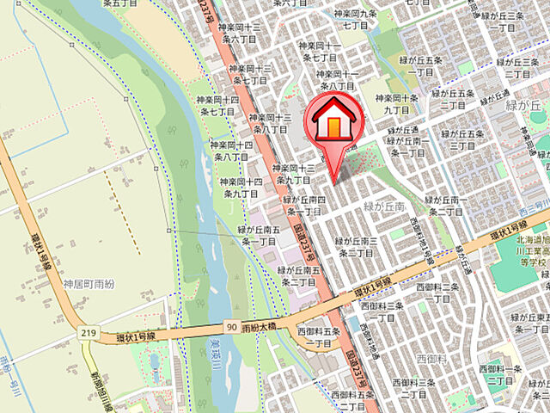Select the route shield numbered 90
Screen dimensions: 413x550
(233, 303)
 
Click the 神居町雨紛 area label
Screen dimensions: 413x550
(87, 259)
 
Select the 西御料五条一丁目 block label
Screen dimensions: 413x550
(319, 337)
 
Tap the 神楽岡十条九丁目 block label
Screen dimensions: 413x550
(401, 104)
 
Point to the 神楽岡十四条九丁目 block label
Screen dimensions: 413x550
(241, 188)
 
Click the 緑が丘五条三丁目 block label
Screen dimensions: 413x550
(465, 140)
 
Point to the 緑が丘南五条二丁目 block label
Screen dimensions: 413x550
(297, 276)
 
